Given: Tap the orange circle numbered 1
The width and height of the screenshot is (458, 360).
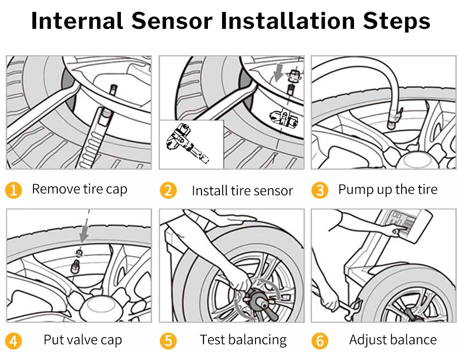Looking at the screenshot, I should (x=14, y=190).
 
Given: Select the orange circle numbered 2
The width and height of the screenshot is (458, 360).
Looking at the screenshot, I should (x=168, y=190).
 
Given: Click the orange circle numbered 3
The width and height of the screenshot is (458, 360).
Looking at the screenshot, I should (x=320, y=190).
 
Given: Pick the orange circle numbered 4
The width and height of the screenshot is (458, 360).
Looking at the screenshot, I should (x=14, y=341).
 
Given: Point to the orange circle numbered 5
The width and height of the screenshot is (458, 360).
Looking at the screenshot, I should (x=168, y=341).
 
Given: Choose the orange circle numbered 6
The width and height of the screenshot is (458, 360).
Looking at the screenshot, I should (x=320, y=341).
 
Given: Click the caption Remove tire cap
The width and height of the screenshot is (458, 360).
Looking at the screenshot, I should (x=79, y=189).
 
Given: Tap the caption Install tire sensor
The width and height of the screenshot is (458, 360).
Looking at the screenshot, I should (x=242, y=191).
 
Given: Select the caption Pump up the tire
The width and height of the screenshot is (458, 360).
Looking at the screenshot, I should (x=387, y=189).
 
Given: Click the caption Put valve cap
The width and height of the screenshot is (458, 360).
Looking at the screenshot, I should (x=82, y=340).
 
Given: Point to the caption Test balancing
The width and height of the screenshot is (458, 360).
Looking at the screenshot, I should (x=243, y=340).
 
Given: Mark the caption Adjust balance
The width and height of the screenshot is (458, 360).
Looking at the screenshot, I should (x=393, y=340).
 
